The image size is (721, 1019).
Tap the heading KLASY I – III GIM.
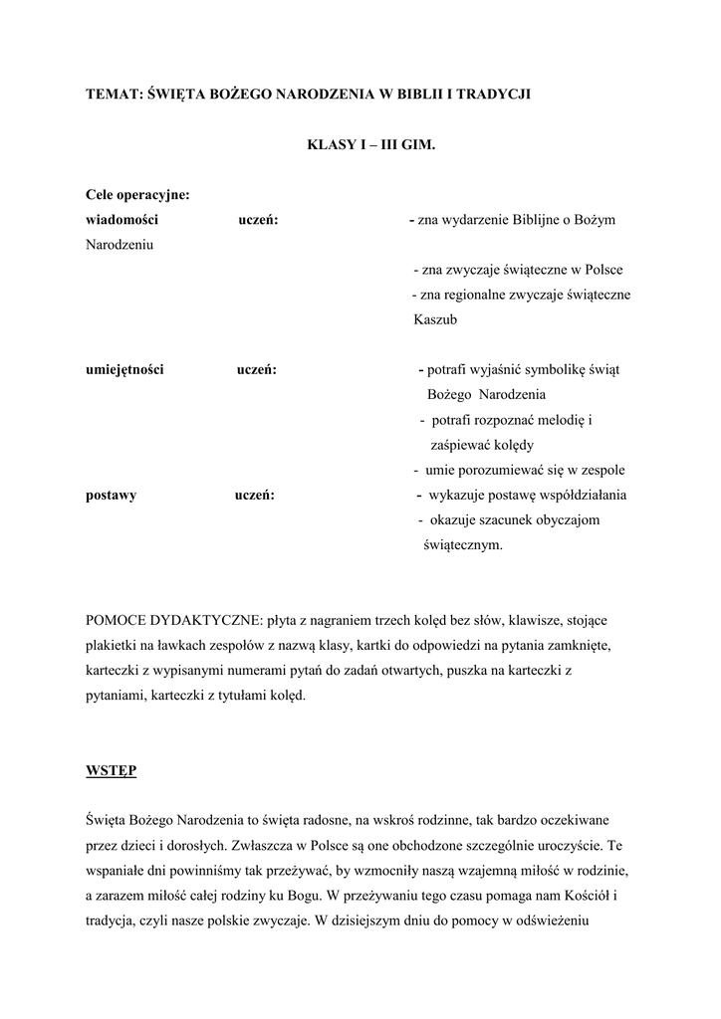(x=371, y=144)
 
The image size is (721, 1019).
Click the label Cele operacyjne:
(x=137, y=195)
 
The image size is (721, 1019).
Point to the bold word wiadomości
(x=121, y=220)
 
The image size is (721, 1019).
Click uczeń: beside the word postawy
(x=255, y=495)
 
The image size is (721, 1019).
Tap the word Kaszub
(x=434, y=319)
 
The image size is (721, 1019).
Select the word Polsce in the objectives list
(x=602, y=270)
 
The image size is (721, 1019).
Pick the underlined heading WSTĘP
(x=112, y=770)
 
